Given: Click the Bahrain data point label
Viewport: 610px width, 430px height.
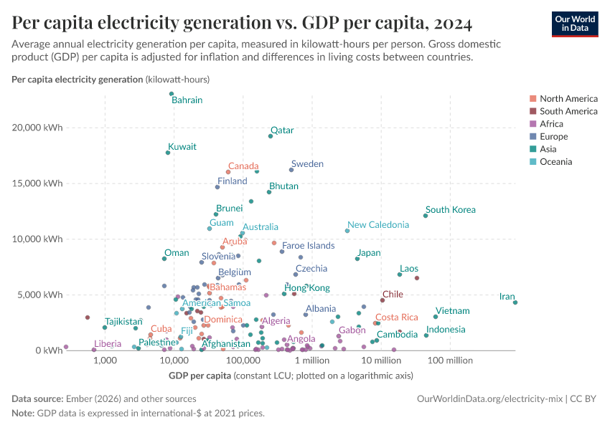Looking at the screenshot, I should (187, 100).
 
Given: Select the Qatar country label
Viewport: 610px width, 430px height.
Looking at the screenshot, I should (282, 130).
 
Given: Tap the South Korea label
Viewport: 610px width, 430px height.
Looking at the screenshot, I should (450, 210).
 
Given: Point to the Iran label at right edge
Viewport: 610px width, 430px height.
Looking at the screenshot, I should (507, 297).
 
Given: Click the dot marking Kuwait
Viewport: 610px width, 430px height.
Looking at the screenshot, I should (168, 153).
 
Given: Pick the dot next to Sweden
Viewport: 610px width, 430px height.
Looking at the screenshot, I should (291, 170).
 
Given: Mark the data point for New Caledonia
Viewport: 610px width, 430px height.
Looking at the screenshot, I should (347, 231).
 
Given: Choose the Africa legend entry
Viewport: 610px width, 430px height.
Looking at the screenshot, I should (553, 124).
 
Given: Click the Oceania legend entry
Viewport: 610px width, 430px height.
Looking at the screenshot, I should (555, 162).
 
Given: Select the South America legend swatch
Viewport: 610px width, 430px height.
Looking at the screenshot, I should (532, 111).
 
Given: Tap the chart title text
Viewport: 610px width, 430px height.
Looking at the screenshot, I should (242, 24).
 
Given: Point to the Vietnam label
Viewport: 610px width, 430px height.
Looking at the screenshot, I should (452, 311).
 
